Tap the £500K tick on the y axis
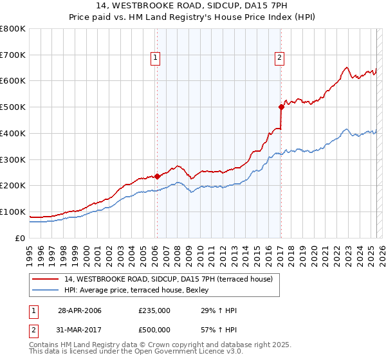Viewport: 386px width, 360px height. (13, 107)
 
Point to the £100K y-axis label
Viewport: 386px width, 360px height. (13, 212)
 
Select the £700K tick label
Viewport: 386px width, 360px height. (13, 55)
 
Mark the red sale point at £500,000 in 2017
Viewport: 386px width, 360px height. (281, 107)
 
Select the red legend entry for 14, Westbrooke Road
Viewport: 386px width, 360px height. (169, 278)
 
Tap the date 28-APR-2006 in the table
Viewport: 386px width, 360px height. (80, 310)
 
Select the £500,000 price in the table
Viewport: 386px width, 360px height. (154, 331)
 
